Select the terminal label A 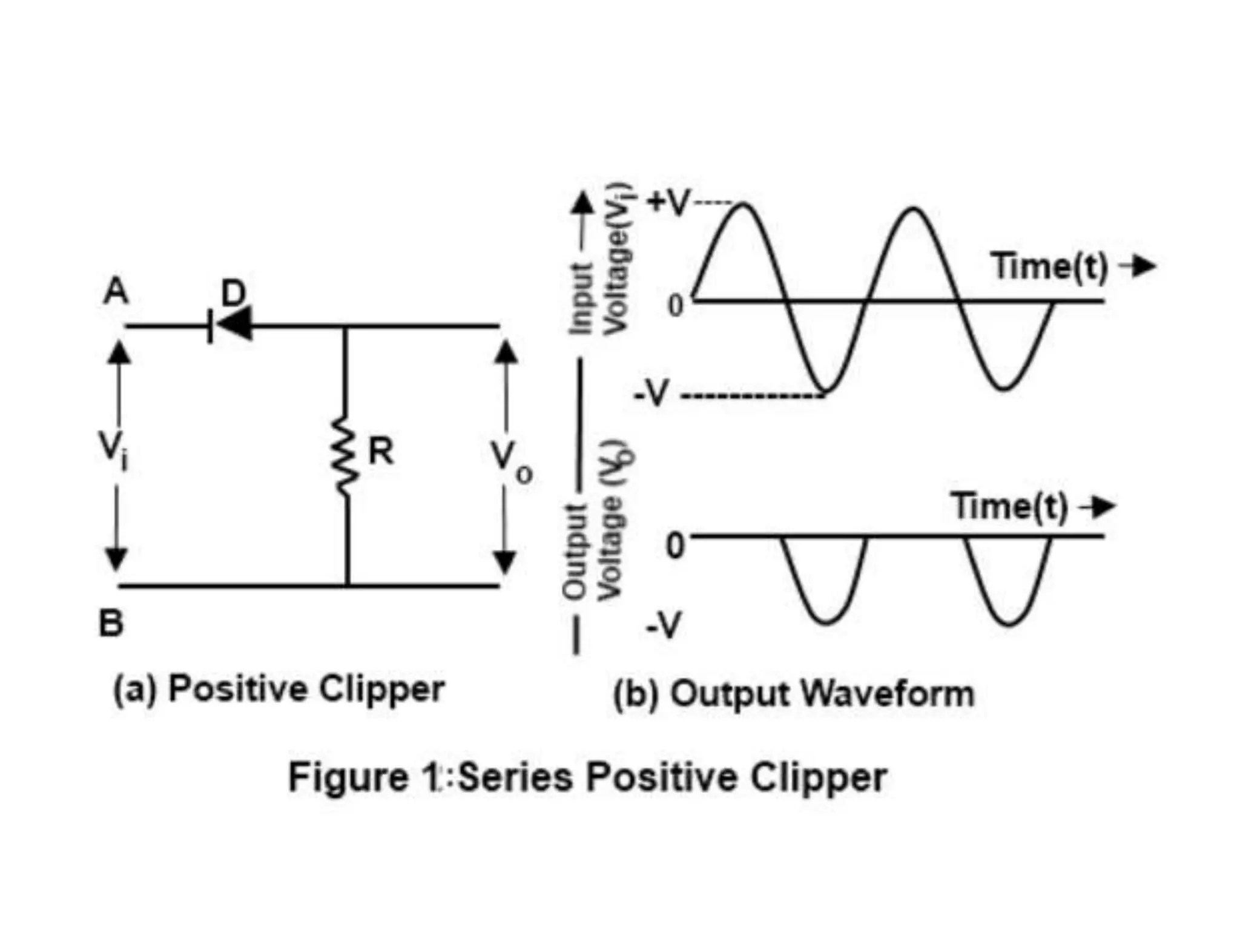click(x=116, y=291)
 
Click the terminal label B click(x=111, y=622)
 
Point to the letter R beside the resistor click(x=381, y=451)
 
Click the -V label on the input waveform click(x=651, y=394)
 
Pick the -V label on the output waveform click(x=664, y=625)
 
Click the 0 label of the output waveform click(x=675, y=545)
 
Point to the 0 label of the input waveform click(x=675, y=306)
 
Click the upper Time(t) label click(x=1049, y=266)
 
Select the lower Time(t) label click(x=1009, y=506)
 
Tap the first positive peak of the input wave click(x=744, y=206)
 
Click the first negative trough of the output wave click(x=826, y=621)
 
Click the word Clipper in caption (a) click(x=382, y=689)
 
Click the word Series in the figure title click(x=515, y=777)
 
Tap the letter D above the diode click(x=234, y=292)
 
